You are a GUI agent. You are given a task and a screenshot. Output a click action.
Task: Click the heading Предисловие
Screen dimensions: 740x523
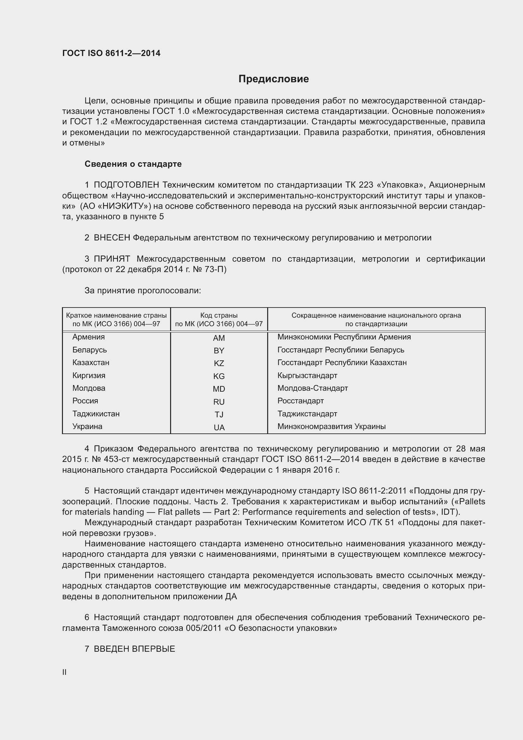coord(274,79)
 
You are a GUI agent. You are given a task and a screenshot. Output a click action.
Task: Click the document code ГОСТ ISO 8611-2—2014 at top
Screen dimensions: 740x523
coord(111,53)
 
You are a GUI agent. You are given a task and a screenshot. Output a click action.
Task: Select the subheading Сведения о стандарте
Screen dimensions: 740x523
coord(133,164)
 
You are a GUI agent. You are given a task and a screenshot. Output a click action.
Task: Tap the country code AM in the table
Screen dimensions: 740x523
coord(219,338)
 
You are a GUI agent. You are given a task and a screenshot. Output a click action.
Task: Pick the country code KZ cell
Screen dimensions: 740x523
coord(219,364)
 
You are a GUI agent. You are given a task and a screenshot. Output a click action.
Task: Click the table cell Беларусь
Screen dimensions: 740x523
coord(89,350)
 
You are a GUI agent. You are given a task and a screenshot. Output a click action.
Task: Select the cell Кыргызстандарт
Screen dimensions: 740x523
coord(307,376)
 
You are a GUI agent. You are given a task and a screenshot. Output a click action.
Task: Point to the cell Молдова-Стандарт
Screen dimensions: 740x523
coord(312,388)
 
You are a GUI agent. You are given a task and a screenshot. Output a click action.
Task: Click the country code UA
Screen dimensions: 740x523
coord(219,428)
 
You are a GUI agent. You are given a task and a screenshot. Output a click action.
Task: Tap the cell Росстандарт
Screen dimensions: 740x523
coord(300,401)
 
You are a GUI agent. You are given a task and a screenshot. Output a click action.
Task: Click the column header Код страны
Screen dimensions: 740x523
coord(219,315)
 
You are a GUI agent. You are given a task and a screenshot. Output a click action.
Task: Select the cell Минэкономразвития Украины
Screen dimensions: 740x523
coord(331,426)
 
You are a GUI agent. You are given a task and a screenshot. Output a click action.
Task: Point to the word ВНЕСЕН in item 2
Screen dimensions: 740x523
coord(112,238)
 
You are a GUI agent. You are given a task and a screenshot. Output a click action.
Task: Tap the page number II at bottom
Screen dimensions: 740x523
coord(65,672)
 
